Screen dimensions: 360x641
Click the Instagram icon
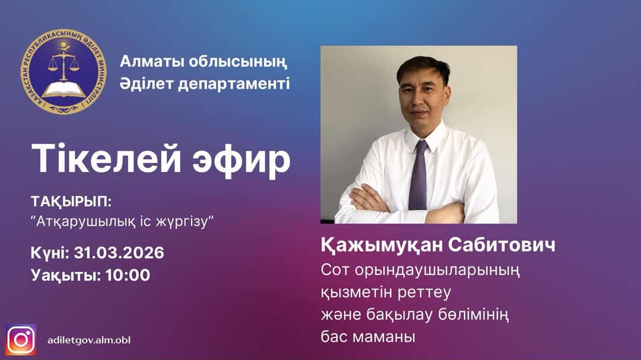coord(21,339)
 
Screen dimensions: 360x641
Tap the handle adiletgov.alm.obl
coord(89,340)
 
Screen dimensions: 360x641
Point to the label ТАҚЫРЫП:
coord(71,200)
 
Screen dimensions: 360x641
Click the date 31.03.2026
coord(119,253)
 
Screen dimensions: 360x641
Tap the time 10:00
coord(128,275)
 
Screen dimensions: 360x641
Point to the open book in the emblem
coord(63,90)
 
